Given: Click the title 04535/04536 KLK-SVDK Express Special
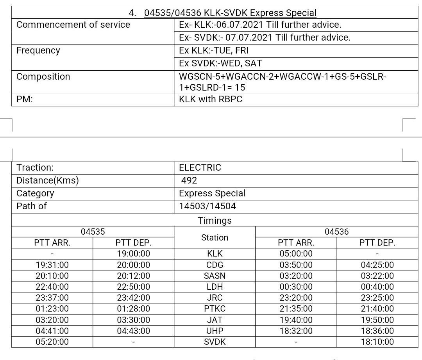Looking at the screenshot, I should click(230, 13).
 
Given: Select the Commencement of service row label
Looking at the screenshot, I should click(73, 25).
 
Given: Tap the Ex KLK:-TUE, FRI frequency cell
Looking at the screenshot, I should click(214, 51).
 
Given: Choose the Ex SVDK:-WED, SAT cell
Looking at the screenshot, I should click(220, 63).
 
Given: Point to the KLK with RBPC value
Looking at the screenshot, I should click(211, 99).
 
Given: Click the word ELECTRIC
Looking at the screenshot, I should click(200, 168).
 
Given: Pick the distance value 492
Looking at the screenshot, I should click(189, 180).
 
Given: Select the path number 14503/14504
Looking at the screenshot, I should click(207, 206).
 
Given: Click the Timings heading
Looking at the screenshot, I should click(215, 221).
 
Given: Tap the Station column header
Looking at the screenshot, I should click(215, 237).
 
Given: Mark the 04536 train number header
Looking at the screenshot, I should click(336, 232).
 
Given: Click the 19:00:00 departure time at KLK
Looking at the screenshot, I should click(133, 254).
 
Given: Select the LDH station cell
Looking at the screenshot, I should click(215, 287).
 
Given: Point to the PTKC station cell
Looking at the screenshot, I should click(215, 308).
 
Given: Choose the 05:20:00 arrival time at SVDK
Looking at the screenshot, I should click(52, 342).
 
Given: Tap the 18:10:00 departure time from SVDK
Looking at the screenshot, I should click(377, 342).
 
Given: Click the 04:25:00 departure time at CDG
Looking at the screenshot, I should click(377, 265).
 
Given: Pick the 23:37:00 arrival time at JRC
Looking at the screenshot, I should click(52, 298).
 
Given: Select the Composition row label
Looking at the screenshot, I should click(43, 77).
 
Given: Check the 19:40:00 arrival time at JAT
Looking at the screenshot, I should click(296, 320).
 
